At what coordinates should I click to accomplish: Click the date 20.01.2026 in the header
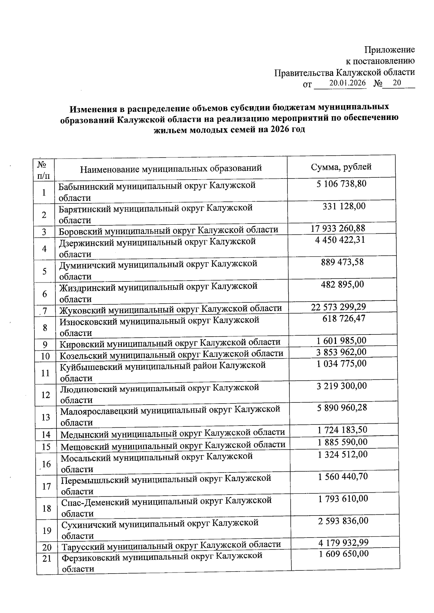[x=347, y=83]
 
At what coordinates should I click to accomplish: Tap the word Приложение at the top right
[x=389, y=49]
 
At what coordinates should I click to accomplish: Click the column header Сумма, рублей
[x=341, y=167]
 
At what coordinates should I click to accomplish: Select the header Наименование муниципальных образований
[x=171, y=169]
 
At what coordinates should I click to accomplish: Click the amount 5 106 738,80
[x=341, y=184]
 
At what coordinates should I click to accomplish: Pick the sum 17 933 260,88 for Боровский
[x=338, y=228]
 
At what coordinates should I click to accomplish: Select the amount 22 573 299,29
[x=338, y=307]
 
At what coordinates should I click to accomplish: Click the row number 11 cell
[x=46, y=373]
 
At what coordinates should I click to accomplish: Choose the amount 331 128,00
[x=344, y=206]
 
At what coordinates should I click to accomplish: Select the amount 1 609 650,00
[x=343, y=554]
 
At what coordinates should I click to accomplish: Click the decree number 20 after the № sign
[x=397, y=83]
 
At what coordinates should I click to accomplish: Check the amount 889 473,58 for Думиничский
[x=342, y=262]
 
